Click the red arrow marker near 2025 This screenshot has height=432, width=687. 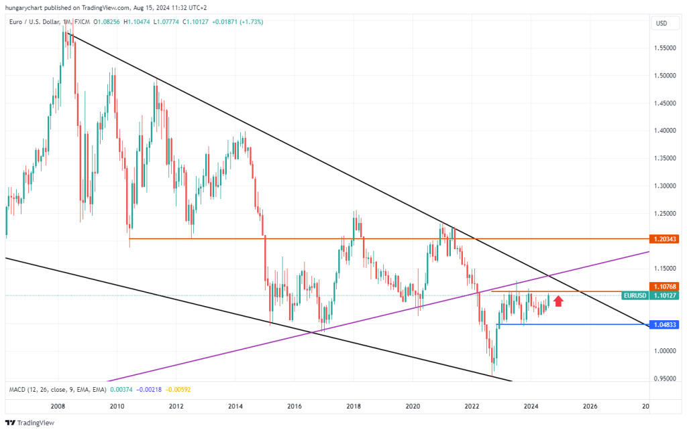point(558,301)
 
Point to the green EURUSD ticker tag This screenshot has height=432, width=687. point(635,295)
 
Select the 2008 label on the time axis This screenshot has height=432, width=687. point(58,406)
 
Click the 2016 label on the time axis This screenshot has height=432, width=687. point(294,406)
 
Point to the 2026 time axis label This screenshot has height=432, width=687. point(590,406)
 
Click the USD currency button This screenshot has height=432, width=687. point(662,23)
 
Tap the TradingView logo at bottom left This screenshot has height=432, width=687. point(30,423)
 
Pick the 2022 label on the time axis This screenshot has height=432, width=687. point(472,406)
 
